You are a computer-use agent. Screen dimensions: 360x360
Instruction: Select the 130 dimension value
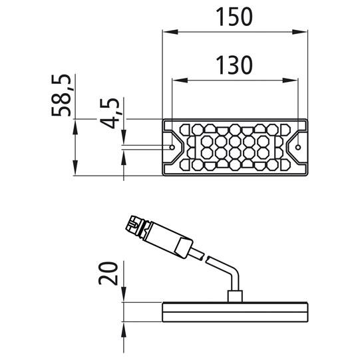tap(235, 65)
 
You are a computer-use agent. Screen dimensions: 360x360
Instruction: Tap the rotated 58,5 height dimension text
tap(63, 94)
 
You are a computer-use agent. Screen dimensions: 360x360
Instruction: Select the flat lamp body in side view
tap(236, 311)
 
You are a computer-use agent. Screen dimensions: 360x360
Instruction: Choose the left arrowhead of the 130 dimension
tap(176, 80)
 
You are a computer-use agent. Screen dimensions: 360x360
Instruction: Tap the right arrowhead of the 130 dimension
tap(295, 80)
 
